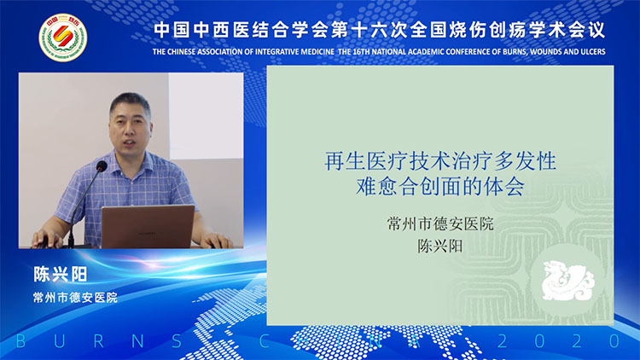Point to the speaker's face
[x=131, y=125]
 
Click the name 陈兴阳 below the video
[x=61, y=276]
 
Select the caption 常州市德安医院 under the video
[x=75, y=298]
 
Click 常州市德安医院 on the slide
[x=440, y=226]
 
